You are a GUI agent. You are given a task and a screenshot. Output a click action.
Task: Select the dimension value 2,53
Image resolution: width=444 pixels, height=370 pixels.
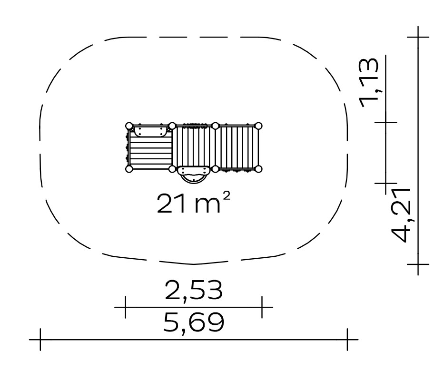(x=194, y=291)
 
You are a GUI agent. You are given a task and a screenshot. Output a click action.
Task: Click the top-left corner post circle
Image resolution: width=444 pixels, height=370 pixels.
(x=129, y=126)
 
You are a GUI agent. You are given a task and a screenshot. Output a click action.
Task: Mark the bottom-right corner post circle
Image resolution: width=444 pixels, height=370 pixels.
(x=258, y=169)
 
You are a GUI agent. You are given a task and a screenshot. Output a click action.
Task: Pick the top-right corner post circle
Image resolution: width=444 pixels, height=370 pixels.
(x=258, y=126)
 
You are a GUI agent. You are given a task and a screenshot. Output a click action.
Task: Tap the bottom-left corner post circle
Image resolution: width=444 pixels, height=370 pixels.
(x=129, y=169)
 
